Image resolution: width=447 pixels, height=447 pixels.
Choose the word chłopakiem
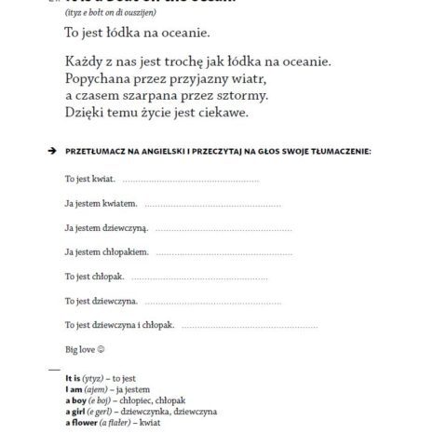pyautogui.click(x=124, y=251)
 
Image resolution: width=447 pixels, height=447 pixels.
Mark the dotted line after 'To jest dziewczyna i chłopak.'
pyautogui.click(x=243, y=325)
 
